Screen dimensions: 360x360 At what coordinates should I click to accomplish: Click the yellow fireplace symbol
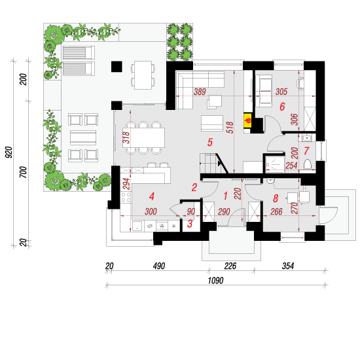coord(247,120)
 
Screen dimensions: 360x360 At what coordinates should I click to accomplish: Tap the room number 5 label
coord(210,142)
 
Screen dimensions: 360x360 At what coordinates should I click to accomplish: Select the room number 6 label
coord(282,107)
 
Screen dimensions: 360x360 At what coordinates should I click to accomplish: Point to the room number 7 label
coord(306,151)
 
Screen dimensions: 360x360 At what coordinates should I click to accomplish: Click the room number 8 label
coord(276,198)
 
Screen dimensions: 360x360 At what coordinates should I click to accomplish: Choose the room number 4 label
coord(152,196)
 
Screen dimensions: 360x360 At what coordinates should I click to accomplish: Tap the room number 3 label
coord(190,223)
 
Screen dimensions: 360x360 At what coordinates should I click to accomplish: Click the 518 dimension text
coord(230,128)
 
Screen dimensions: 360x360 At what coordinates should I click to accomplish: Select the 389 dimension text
coord(200,92)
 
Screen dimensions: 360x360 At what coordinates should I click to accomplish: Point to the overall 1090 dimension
coord(215,280)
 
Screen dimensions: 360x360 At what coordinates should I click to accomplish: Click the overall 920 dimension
coord(9,152)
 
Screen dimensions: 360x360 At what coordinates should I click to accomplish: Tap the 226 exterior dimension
coord(230,266)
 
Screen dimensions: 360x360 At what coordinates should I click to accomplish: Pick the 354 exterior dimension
coord(288,266)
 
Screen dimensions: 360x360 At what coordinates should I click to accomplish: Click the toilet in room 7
coord(308,165)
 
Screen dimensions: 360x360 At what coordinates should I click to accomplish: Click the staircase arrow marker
coord(220,163)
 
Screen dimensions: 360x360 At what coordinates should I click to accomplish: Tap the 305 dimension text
coord(281,92)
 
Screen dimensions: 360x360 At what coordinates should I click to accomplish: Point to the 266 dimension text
coord(276,211)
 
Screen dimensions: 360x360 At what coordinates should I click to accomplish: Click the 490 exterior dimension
coord(159,266)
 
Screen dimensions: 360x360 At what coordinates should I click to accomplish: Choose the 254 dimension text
coord(291,166)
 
